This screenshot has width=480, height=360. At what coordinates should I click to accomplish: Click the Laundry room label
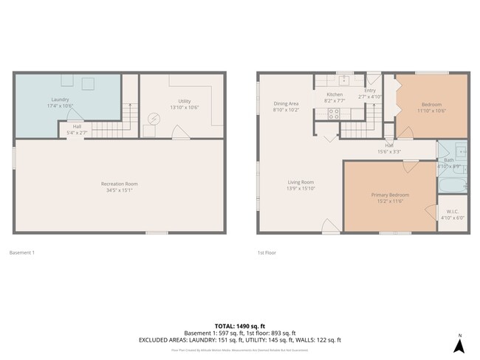point(61,100)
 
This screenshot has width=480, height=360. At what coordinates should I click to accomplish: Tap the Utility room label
point(185,101)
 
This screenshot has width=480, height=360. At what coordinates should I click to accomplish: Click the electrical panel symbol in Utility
point(154,118)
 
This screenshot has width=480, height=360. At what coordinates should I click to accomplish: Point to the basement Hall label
point(77,126)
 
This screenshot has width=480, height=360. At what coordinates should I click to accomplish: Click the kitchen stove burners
point(334,114)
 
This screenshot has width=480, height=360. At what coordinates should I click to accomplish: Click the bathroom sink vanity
point(460,152)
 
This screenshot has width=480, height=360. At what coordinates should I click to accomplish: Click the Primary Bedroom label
point(389,195)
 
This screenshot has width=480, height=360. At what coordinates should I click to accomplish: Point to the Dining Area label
point(285,104)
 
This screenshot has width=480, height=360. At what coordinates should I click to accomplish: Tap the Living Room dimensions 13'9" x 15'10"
point(301,189)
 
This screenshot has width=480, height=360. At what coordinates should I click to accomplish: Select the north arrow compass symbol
point(458,343)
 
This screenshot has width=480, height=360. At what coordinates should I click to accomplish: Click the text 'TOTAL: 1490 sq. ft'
point(240,325)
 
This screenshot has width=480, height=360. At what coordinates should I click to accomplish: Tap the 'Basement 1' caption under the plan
point(21,252)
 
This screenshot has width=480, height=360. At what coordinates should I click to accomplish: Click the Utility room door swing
point(179,132)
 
